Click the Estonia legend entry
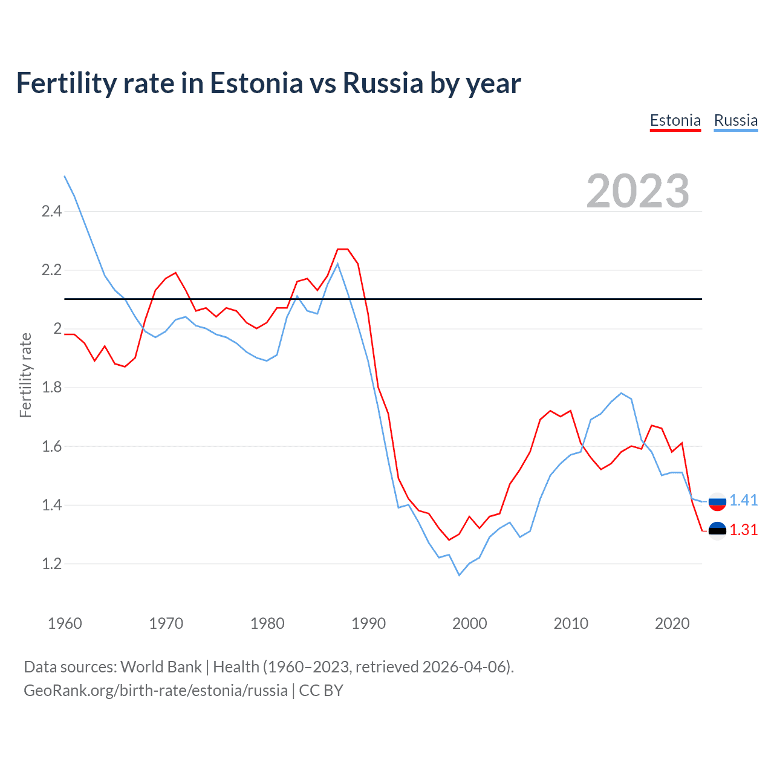[x=675, y=120]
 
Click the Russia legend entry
[x=735, y=120]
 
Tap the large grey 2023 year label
[x=637, y=191]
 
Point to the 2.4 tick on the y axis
[x=51, y=212]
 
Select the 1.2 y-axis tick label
[x=51, y=564]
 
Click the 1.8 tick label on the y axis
[x=51, y=388]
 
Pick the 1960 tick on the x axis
[x=65, y=623]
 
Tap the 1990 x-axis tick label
[x=368, y=623]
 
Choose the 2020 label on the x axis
[x=672, y=623]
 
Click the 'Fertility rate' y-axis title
[x=25, y=375]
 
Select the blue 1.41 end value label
[x=743, y=500]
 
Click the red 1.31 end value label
[x=743, y=530]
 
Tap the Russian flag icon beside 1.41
[x=717, y=501]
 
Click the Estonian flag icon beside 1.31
[x=717, y=530]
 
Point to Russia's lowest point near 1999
[x=459, y=575]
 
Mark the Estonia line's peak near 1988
[x=343, y=249]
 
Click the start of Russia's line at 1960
[x=65, y=177]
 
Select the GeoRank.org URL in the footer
[x=155, y=691]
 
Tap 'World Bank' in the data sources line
[x=161, y=667]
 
